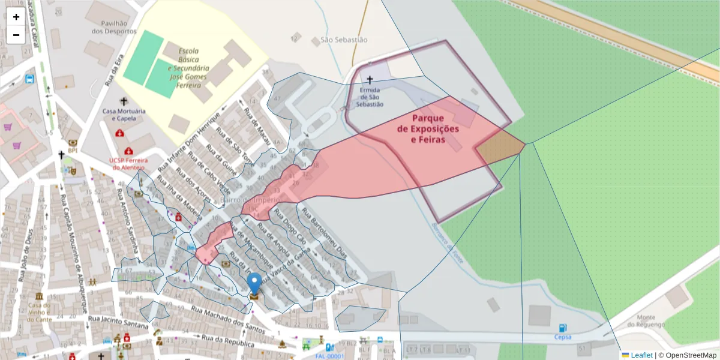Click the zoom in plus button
(16, 17)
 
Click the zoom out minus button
(16, 35)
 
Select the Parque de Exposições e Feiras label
(428, 128)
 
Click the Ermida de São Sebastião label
(369, 97)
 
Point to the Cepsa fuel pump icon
(562, 328)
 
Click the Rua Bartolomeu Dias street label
(324, 233)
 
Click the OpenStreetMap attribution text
(687, 355)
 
